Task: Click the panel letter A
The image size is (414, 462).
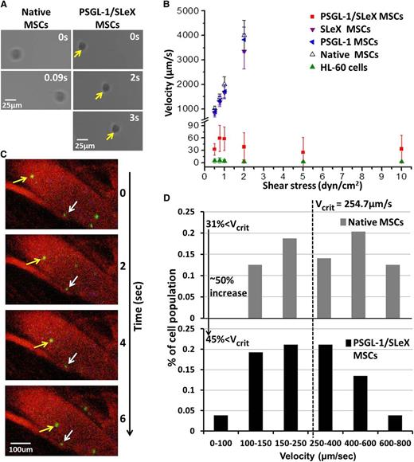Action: [6, 6]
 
